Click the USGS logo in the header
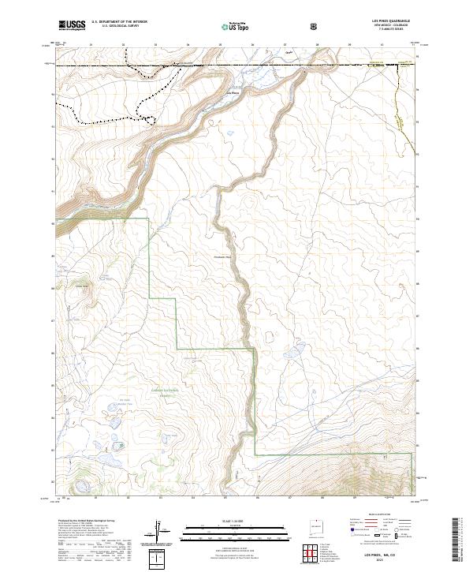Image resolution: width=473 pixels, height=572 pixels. (x=72, y=25)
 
